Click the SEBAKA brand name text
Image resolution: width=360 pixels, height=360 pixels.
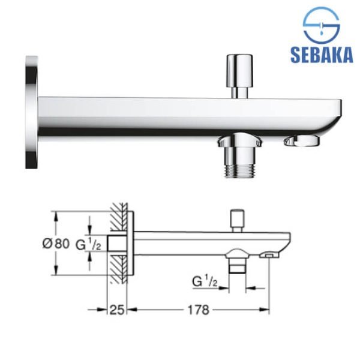[322, 55]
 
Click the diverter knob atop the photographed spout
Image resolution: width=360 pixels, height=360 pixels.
[239, 76]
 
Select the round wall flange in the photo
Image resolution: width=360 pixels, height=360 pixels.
[32, 112]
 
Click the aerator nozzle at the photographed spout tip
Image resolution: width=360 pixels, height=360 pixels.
[302, 141]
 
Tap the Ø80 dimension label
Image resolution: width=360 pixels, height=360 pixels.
[56, 244]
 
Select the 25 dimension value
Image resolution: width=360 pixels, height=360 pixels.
[117, 310]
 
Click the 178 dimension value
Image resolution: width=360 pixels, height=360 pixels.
[199, 310]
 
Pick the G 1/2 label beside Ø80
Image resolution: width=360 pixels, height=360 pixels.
[88, 245]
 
